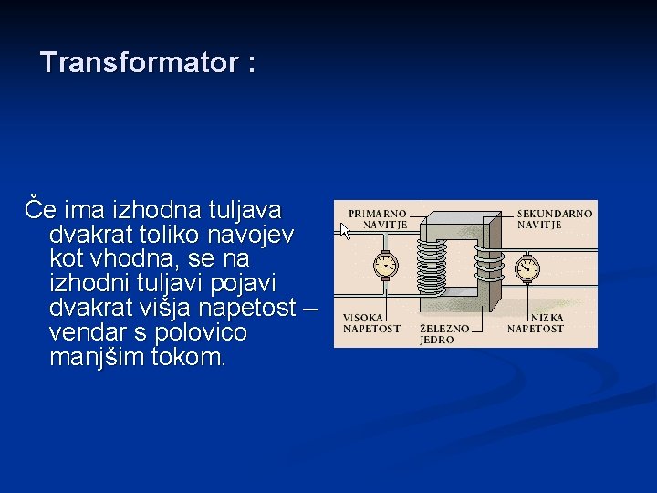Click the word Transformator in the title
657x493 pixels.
click(x=137, y=63)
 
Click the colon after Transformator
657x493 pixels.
click(x=251, y=65)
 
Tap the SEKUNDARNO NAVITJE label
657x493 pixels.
click(x=554, y=218)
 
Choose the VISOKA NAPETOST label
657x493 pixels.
click(x=370, y=323)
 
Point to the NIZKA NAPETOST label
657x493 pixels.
click(x=535, y=323)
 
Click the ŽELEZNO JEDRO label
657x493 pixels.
click(x=444, y=333)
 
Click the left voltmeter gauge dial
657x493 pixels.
click(x=386, y=266)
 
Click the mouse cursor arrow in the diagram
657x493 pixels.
click(x=346, y=231)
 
